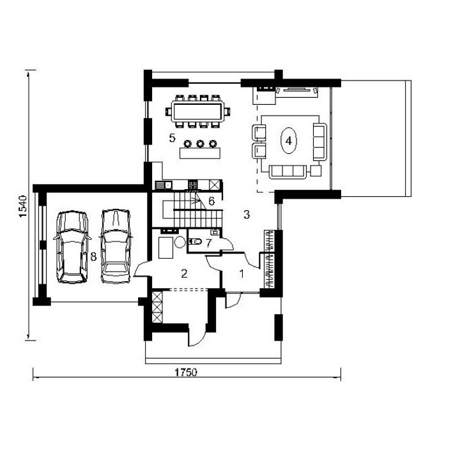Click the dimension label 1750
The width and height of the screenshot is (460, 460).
pyautogui.click(x=186, y=372)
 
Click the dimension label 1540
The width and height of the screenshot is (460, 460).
pyautogui.click(x=23, y=206)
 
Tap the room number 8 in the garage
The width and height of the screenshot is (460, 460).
pyautogui.click(x=93, y=257)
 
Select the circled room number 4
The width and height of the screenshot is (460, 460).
pyautogui.click(x=289, y=141)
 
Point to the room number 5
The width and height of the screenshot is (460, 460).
pyautogui.click(x=172, y=137)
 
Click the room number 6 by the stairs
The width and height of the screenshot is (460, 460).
pyautogui.click(x=211, y=201)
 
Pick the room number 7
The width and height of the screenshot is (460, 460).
pyautogui.click(x=208, y=243)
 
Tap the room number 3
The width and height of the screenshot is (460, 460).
pyautogui.click(x=247, y=215)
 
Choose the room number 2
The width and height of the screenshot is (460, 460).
pyautogui.click(x=184, y=273)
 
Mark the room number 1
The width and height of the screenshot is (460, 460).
pyautogui.click(x=241, y=273)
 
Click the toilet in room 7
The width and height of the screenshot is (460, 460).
pyautogui.click(x=195, y=241)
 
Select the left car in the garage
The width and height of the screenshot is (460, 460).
pyautogui.click(x=72, y=247)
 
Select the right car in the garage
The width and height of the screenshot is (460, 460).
pyautogui.click(x=116, y=246)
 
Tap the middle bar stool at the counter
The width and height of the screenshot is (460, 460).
pyautogui.click(x=200, y=144)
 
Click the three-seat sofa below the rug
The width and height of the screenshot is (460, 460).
pyautogui.click(x=287, y=172)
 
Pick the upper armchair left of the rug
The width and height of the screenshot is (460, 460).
pyautogui.click(x=259, y=132)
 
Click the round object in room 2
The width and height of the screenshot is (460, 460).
pyautogui.click(x=180, y=242)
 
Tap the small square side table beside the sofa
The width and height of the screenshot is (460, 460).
pyautogui.click(x=316, y=171)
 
